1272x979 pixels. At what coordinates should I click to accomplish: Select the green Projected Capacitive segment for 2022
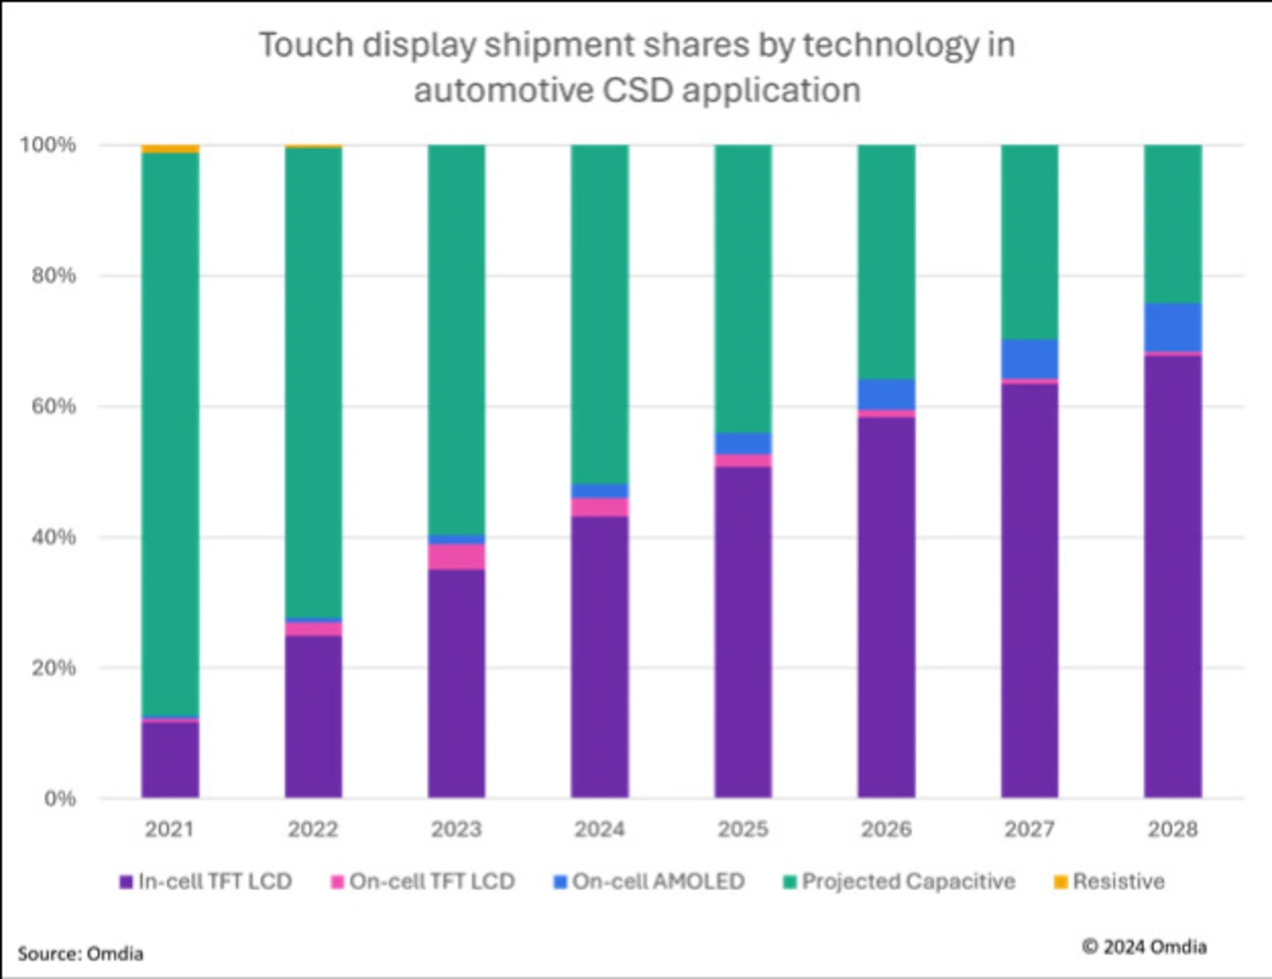(313, 383)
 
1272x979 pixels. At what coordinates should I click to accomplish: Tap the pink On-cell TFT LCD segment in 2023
(456, 557)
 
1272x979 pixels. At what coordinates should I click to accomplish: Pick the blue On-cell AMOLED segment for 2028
(1173, 327)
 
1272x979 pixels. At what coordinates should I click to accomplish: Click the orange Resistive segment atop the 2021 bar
(170, 149)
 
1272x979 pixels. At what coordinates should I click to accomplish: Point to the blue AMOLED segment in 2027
(1030, 359)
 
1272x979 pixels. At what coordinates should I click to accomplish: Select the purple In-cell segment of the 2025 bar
(743, 632)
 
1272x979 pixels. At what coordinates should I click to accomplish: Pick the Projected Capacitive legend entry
(908, 882)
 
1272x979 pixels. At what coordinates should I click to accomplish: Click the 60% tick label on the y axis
(54, 407)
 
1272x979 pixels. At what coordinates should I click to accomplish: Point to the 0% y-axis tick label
(60, 799)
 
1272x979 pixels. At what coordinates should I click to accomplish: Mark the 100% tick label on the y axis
(48, 145)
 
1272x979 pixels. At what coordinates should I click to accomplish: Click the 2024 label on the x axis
(599, 829)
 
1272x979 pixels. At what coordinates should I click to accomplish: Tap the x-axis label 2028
(1173, 829)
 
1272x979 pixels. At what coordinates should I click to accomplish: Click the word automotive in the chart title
(503, 90)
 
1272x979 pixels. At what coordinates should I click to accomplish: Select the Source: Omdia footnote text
(80, 954)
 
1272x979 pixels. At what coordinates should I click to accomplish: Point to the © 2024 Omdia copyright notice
(1144, 947)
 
